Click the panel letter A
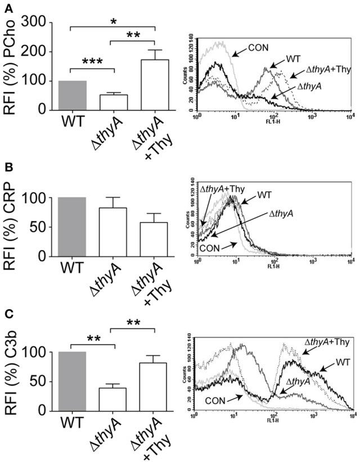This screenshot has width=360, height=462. tap(7, 6)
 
